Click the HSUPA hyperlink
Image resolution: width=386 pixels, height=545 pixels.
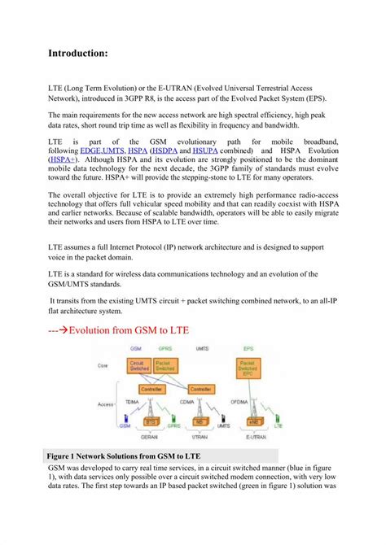(x=207, y=151)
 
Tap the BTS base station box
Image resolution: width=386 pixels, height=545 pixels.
(x=150, y=421)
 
